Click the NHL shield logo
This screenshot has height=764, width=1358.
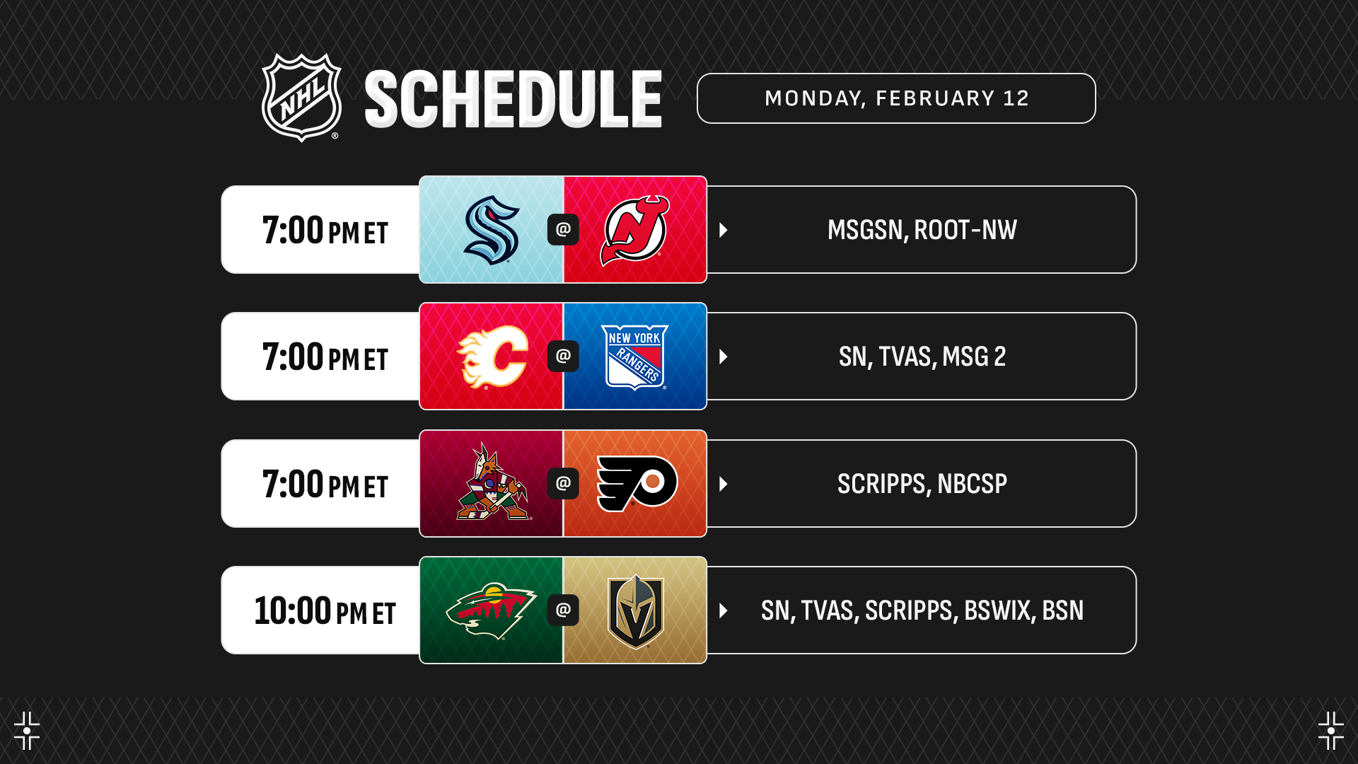(x=302, y=98)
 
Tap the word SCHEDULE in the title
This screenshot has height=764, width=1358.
(x=513, y=99)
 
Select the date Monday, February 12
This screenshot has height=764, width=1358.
(x=896, y=98)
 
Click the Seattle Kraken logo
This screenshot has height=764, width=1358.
(x=492, y=230)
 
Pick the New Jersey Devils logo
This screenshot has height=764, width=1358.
(x=634, y=231)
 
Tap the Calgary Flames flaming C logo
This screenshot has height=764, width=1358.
(x=492, y=357)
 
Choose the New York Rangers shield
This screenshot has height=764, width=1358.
(x=634, y=357)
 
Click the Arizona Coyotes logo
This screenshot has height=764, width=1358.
(x=492, y=482)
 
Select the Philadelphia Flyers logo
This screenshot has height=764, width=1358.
(x=637, y=483)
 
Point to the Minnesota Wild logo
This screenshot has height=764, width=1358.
(x=491, y=610)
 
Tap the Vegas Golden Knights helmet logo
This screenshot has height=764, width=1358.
(x=635, y=611)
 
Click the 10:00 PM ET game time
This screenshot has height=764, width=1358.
(x=325, y=610)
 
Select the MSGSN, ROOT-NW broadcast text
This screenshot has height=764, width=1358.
(x=922, y=230)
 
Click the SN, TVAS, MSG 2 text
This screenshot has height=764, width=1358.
(x=922, y=357)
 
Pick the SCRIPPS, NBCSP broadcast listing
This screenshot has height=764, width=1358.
(x=922, y=484)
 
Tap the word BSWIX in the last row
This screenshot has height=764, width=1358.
(x=997, y=610)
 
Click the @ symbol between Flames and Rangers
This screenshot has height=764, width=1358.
(x=563, y=356)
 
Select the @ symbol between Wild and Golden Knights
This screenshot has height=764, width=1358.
(x=563, y=610)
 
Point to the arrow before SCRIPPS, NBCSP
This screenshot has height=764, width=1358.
(x=723, y=484)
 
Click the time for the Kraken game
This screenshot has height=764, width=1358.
(x=325, y=230)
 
